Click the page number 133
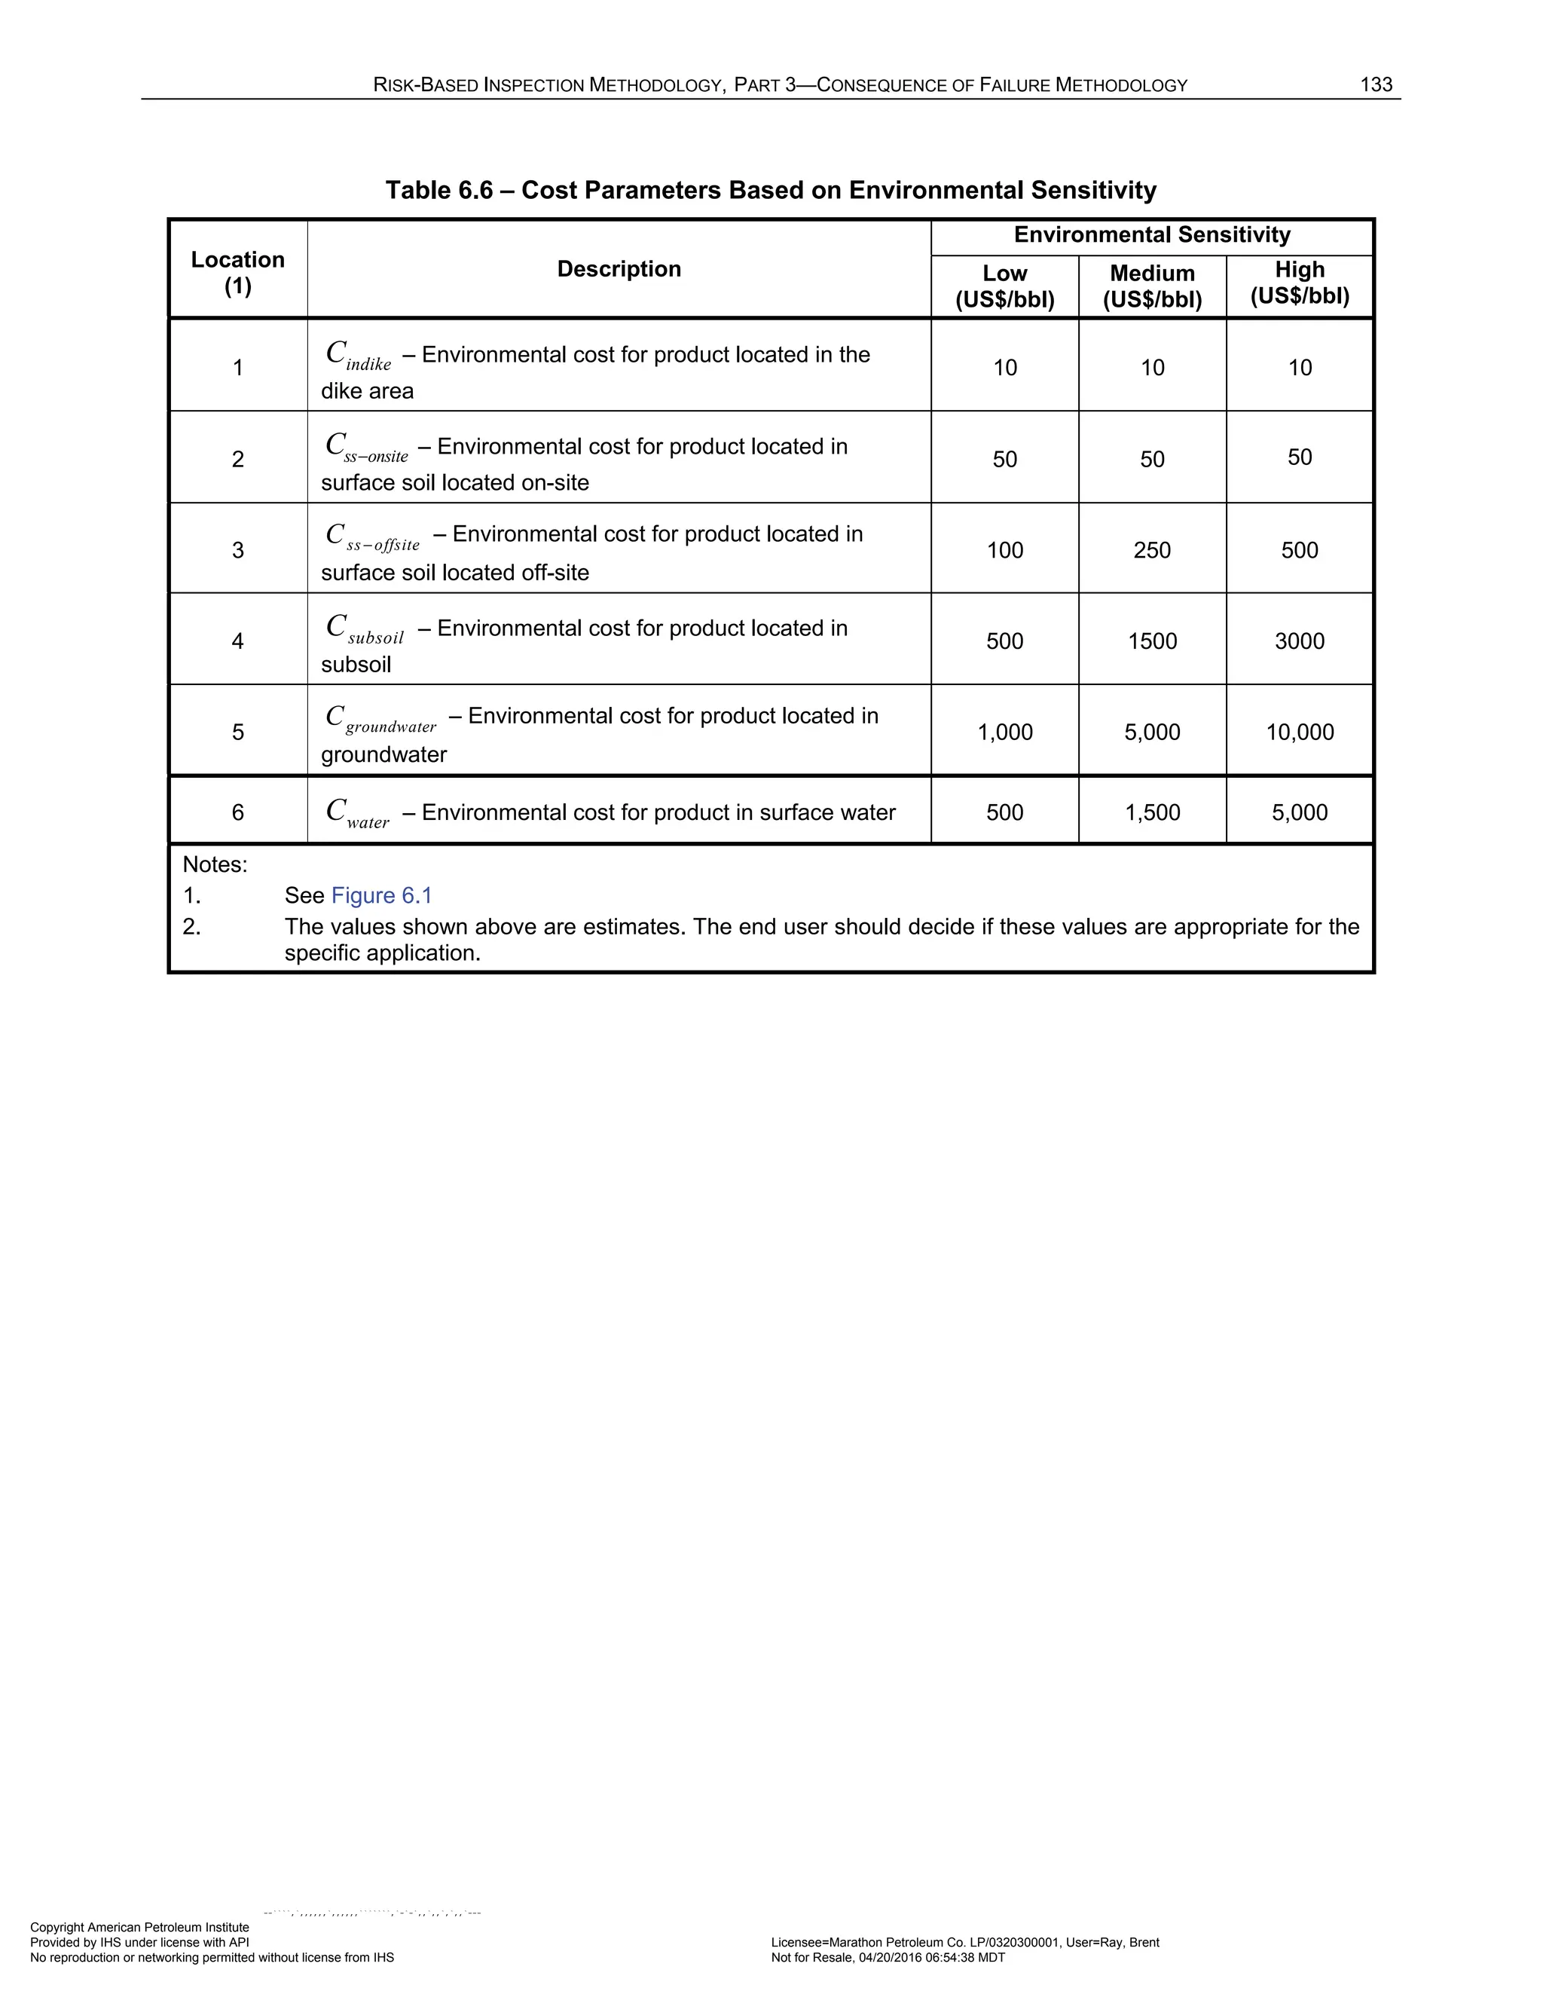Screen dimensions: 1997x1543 tap(1376, 85)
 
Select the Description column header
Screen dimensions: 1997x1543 tap(619, 269)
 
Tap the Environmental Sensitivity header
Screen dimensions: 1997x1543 tap(1152, 235)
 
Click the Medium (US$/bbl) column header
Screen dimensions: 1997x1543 tap(1152, 286)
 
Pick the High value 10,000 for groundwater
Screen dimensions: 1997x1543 tap(1299, 732)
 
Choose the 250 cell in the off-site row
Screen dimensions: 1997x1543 tap(1152, 550)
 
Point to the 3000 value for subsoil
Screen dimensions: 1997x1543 tap(1299, 641)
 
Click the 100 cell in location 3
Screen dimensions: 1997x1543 tap(1004, 550)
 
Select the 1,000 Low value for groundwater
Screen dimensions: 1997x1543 tap(1004, 732)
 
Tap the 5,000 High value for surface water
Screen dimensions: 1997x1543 tap(1299, 813)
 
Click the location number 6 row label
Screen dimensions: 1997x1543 tap(237, 813)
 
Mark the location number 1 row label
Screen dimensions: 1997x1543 tap(237, 368)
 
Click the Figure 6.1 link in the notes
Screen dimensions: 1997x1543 tap(381, 895)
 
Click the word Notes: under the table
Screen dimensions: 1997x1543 tap(215, 864)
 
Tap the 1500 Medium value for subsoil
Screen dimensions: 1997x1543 tap(1152, 641)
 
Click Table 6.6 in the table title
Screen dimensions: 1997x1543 tap(438, 190)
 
